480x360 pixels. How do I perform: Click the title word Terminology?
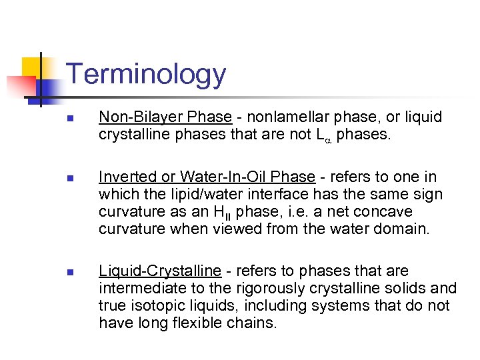coord(147,74)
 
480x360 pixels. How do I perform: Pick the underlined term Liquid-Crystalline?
coord(160,271)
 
